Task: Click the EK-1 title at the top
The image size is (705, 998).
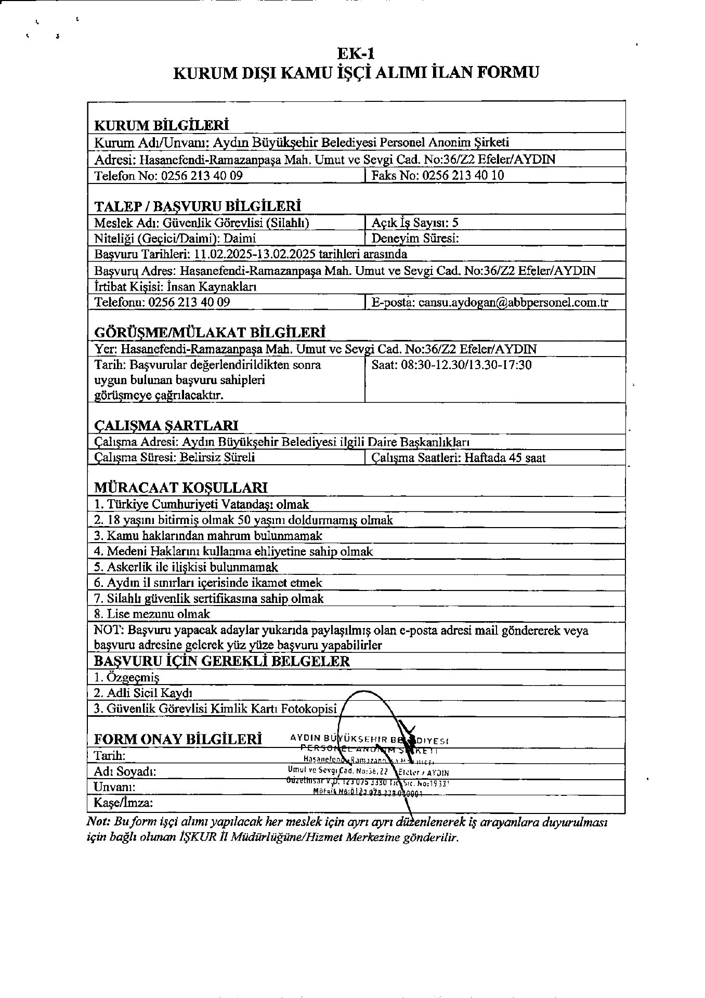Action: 356,54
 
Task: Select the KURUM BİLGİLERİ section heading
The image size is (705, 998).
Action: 162,126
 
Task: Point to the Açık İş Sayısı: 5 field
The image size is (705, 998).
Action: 415,223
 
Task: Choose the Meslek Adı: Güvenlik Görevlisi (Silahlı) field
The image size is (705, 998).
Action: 202,223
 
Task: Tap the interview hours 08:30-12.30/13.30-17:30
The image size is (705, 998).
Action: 466,365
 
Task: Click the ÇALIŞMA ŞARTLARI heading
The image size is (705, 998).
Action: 166,426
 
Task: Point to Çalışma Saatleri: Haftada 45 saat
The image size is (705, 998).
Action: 459,458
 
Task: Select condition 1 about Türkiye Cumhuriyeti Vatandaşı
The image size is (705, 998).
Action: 201,504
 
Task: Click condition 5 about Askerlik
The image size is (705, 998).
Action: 186,567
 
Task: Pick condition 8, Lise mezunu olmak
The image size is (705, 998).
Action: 152,614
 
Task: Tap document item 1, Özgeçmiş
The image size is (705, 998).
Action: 126,677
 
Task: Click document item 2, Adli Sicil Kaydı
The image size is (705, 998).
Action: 143,693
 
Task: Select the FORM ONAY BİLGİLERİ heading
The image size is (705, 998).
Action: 178,739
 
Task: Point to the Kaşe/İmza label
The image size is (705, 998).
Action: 123,803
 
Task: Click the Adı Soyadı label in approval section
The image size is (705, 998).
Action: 125,771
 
